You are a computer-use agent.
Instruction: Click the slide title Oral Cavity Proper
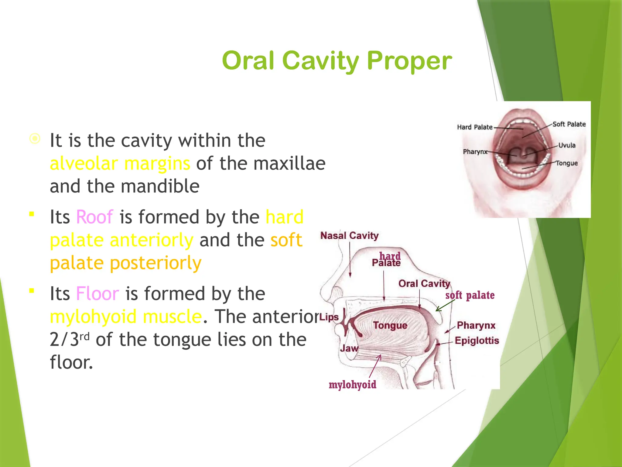tap(337, 61)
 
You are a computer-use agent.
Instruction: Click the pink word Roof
tap(94, 217)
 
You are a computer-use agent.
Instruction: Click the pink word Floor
tap(97, 294)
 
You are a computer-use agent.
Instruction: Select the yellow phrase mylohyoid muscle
tap(126, 317)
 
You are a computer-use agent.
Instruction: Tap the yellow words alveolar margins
tap(120, 164)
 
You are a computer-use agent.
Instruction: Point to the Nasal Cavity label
tap(349, 236)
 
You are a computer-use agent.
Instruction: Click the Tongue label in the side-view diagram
tap(390, 325)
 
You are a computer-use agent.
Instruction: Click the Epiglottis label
tap(477, 341)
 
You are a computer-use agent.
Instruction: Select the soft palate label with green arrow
tap(470, 295)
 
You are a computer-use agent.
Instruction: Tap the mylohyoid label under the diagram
tap(352, 385)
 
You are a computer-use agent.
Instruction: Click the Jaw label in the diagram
tap(349, 348)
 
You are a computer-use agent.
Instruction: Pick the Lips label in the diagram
tap(329, 317)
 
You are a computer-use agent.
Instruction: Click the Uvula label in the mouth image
tap(567, 145)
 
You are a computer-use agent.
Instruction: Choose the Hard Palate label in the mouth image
tap(474, 127)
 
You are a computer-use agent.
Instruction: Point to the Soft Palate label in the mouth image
tap(569, 124)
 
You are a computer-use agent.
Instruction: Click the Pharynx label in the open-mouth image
tap(475, 151)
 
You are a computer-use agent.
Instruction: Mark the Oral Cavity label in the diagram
tap(424, 284)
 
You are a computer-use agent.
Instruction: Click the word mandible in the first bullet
tap(160, 186)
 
